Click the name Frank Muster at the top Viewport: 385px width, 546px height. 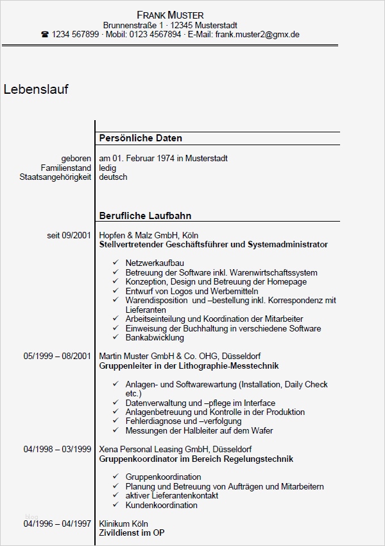click(170, 15)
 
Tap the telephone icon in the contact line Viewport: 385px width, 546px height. click(45, 35)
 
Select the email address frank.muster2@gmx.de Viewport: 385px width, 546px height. click(257, 35)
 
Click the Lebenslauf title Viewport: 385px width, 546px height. click(36, 89)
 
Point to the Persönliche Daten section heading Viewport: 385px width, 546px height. click(141, 138)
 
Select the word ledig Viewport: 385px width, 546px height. click(108, 168)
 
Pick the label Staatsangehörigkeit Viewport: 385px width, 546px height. click(55, 177)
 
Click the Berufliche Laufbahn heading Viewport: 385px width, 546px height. click(145, 216)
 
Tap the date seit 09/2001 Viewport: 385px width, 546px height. click(69, 236)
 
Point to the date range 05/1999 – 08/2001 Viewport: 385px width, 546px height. click(57, 356)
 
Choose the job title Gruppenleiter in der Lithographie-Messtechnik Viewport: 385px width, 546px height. click(189, 365)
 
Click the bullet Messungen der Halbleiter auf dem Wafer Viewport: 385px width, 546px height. click(199, 430)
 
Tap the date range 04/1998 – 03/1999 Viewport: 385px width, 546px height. click(57, 449)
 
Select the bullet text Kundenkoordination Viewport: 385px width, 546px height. click(162, 505)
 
